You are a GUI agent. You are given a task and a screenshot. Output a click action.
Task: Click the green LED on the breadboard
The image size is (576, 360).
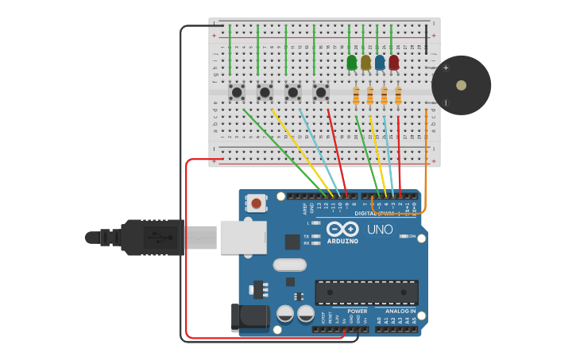click(352, 62)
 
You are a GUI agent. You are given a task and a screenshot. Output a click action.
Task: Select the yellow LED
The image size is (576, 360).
click(365, 62)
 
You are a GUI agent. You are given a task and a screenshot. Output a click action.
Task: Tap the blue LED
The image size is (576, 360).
click(380, 62)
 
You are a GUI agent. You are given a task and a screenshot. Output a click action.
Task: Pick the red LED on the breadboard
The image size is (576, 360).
click(394, 62)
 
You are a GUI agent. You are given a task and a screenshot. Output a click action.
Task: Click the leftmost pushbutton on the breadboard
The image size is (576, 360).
click(236, 93)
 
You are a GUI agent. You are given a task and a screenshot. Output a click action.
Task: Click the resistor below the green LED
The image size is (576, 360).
click(356, 96)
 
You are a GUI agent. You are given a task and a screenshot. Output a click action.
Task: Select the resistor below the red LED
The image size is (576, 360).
click(398, 96)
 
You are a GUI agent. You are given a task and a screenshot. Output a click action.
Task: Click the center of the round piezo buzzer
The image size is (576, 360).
click(461, 85)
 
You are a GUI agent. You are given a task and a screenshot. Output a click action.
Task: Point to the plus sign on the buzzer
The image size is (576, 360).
click(446, 68)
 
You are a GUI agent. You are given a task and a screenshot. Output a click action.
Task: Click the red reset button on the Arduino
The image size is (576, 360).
click(256, 203)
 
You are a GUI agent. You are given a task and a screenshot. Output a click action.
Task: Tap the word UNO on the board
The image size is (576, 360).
click(380, 230)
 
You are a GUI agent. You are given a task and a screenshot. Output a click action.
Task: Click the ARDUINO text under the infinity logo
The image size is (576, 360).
click(342, 241)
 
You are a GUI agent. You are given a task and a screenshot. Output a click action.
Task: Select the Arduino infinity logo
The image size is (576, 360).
click(342, 229)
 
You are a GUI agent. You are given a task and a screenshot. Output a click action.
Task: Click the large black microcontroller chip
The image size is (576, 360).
click(366, 292)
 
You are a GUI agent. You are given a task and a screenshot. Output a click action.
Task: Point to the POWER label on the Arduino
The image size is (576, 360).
click(357, 312)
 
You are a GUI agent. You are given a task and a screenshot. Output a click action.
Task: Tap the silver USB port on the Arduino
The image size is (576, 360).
click(242, 237)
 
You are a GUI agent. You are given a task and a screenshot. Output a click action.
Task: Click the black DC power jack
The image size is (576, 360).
click(249, 317)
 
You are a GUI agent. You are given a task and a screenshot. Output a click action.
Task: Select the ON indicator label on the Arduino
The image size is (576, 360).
click(412, 237)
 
